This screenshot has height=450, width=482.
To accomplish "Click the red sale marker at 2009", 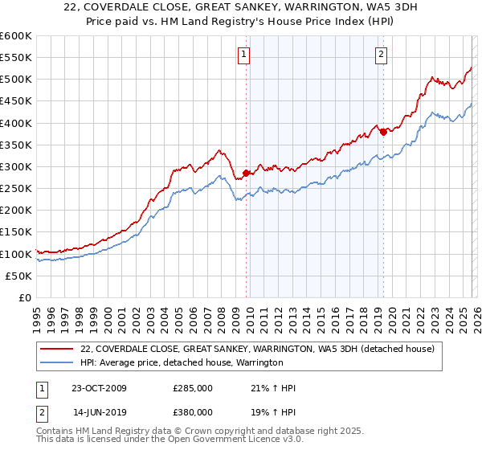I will [x=246, y=173].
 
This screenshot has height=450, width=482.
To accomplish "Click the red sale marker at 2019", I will [x=383, y=132].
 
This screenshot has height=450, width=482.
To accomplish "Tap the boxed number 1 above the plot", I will [x=243, y=55].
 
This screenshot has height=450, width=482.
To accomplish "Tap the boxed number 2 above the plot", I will [x=380, y=55].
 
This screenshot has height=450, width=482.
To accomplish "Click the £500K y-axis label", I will [x=16, y=80].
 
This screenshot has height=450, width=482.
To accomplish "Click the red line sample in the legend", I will [x=56, y=349].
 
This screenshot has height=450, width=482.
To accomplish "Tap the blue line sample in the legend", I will [x=56, y=363].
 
